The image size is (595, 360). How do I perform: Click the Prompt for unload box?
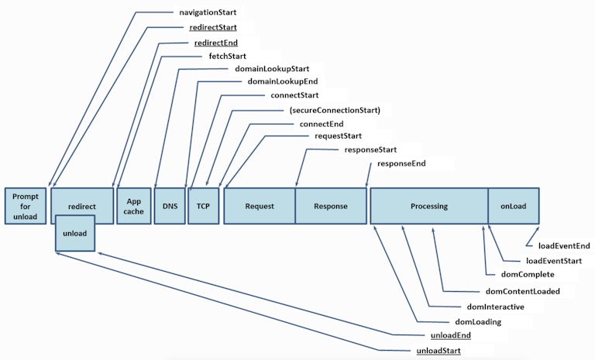pyautogui.click(x=25, y=206)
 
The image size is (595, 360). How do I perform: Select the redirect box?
pyautogui.click(x=81, y=206)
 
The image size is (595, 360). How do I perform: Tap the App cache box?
pyautogui.click(x=134, y=206)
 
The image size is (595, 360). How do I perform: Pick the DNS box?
pyautogui.click(x=170, y=206)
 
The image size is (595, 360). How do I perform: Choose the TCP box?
pyautogui.click(x=204, y=206)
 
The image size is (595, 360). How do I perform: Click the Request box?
pyautogui.click(x=260, y=206)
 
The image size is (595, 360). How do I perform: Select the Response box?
pyautogui.click(x=331, y=206)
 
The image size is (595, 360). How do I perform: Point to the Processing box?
pyautogui.click(x=429, y=206)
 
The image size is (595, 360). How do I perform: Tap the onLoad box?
pyautogui.click(x=513, y=206)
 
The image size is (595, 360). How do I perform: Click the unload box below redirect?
pyautogui.click(x=75, y=234)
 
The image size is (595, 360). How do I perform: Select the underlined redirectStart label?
pyautogui.click(x=213, y=27)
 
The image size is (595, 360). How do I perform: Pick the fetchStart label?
pyautogui.click(x=229, y=56)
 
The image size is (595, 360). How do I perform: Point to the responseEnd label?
pyautogui.click(x=401, y=164)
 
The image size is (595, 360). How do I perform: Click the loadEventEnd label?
pyautogui.click(x=564, y=245)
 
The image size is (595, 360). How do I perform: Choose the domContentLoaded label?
pyautogui.click(x=522, y=291)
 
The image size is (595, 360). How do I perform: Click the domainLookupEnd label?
pyautogui.click(x=282, y=81)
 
